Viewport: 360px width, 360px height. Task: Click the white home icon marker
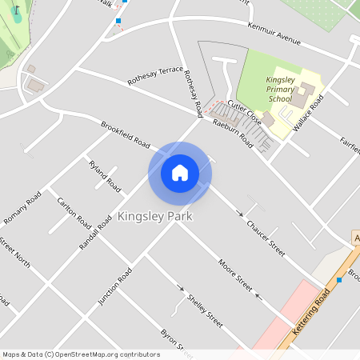pyautogui.click(x=180, y=172)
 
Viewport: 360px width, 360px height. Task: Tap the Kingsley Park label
pyautogui.click(x=155, y=216)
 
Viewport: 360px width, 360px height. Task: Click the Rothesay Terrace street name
pyautogui.click(x=155, y=76)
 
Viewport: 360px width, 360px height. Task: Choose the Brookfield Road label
pyautogui.click(x=126, y=134)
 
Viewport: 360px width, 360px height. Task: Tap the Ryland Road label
pyautogui.click(x=104, y=175)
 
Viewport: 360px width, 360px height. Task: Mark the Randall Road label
pyautogui.click(x=95, y=233)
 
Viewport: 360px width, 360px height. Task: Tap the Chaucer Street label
pyautogui.click(x=266, y=237)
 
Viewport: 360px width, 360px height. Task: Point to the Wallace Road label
pyautogui.click(x=307, y=113)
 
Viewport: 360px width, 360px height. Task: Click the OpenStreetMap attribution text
pyautogui.click(x=80, y=354)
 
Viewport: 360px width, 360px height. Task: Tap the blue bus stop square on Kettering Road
pyautogui.click(x=339, y=280)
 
